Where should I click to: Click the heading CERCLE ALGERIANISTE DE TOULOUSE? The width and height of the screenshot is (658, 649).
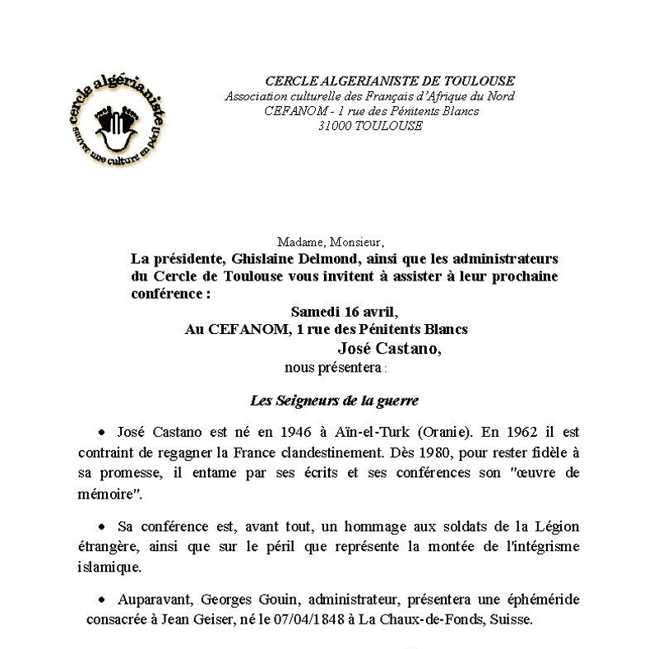tap(390, 81)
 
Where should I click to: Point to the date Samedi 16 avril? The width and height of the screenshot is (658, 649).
tap(344, 312)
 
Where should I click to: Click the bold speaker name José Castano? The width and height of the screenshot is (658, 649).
tap(389, 347)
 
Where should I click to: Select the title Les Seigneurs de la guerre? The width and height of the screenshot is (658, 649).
tap(335, 401)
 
